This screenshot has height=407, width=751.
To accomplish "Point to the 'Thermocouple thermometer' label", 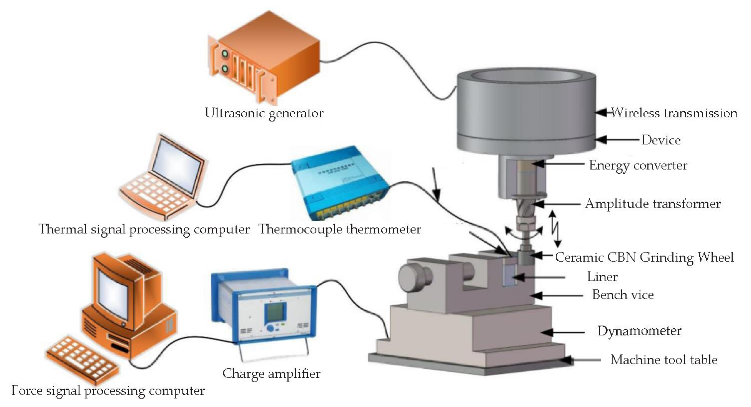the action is pyautogui.click(x=340, y=229).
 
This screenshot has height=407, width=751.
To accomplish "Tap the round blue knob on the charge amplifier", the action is pyautogui.click(x=271, y=328).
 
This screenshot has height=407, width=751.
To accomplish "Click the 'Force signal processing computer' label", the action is pyautogui.click(x=108, y=391).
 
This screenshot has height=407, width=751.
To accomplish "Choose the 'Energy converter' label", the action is pyautogui.click(x=638, y=165).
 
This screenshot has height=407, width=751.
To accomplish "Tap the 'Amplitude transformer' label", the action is pyautogui.click(x=653, y=204).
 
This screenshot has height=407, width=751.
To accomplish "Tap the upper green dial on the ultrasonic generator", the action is pyautogui.click(x=225, y=54).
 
